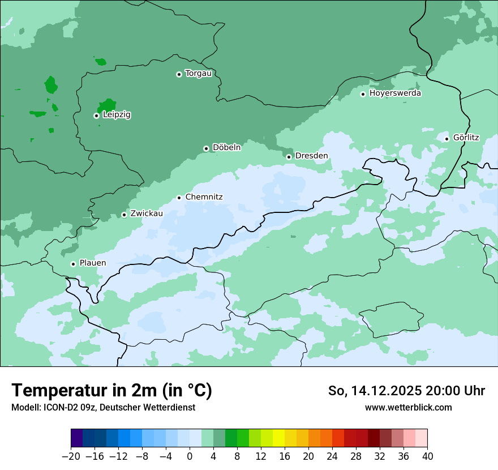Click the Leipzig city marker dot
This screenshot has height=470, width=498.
pyautogui.click(x=96, y=116)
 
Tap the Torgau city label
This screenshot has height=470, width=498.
pyautogui.click(x=198, y=74)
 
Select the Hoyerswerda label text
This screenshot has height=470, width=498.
pyautogui.click(x=395, y=93)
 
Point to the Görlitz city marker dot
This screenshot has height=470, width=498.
pyautogui.click(x=447, y=139)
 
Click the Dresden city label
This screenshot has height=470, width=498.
pyautogui.click(x=311, y=156)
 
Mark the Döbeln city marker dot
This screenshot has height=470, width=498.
pyautogui.click(x=206, y=148)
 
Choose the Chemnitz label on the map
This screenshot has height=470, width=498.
pyautogui.click(x=204, y=197)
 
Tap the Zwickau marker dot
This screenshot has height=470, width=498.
pyautogui.click(x=124, y=215)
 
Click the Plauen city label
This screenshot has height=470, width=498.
pyautogui.click(x=92, y=263)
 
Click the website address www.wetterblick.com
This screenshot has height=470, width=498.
pyautogui.click(x=408, y=407)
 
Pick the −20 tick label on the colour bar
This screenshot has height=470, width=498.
pyautogui.click(x=71, y=456)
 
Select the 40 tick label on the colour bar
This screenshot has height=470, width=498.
pyautogui.click(x=427, y=456)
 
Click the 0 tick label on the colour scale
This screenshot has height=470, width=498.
pyautogui.click(x=190, y=456)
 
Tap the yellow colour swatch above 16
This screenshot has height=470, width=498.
pyautogui.click(x=278, y=438)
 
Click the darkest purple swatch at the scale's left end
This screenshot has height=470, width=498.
pyautogui.click(x=77, y=438)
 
